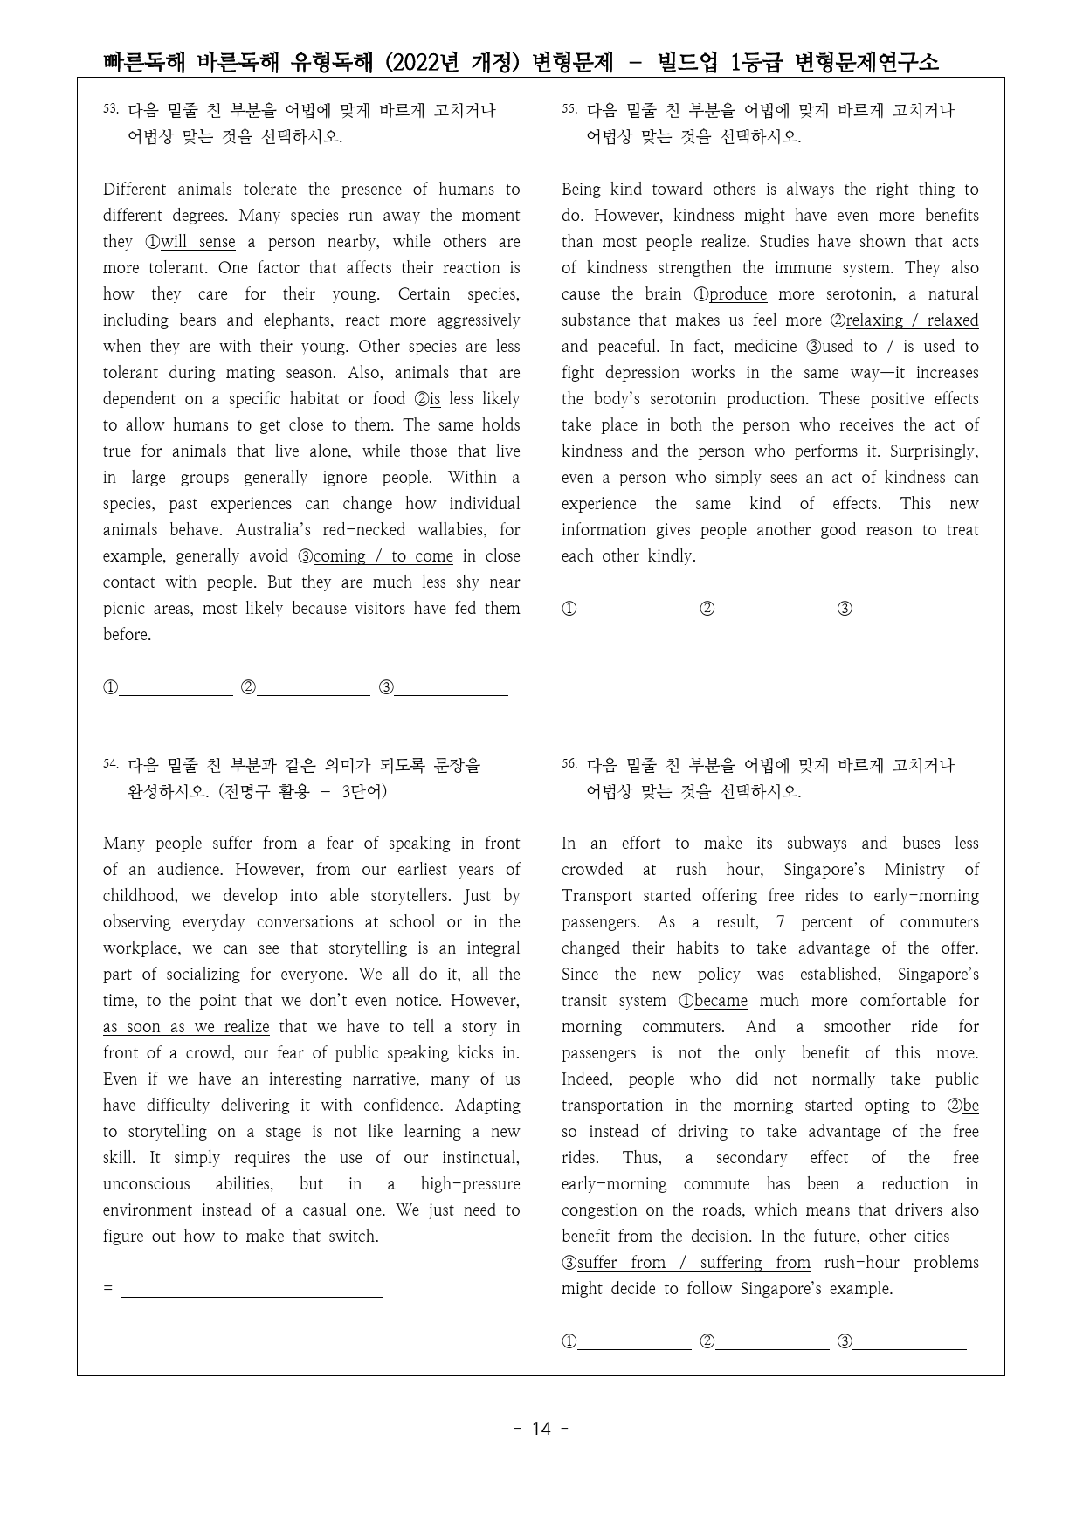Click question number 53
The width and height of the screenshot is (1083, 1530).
(110, 109)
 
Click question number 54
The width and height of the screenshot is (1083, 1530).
(110, 764)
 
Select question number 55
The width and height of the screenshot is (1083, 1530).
(569, 109)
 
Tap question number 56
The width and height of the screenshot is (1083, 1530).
(569, 764)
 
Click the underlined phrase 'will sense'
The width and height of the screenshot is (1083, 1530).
(197, 242)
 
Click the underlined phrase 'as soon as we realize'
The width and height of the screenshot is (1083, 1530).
(186, 1027)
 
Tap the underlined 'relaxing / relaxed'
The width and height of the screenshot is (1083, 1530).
(912, 320)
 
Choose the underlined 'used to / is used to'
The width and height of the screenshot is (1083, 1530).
(900, 347)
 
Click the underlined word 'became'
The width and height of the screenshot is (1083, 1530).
(721, 1001)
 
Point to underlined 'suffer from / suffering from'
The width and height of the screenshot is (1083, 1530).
(693, 1263)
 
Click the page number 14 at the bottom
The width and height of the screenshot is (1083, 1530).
(541, 1430)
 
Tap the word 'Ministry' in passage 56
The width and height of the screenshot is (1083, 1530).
(914, 870)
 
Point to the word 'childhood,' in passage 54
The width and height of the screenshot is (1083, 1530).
(141, 896)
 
